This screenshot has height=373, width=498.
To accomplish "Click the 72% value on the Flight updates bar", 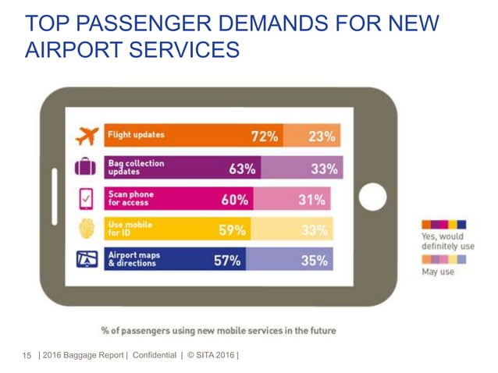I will click(264, 136).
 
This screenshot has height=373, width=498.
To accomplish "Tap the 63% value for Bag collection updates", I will click(242, 168).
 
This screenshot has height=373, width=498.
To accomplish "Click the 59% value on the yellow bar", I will click(232, 229).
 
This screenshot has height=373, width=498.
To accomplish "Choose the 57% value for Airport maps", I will click(227, 261).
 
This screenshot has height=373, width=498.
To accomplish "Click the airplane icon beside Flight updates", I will click(85, 137).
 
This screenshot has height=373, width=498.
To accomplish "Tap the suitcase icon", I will click(84, 168).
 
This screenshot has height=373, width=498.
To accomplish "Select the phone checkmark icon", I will click(84, 200).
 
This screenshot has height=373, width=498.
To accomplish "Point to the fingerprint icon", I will click(84, 229).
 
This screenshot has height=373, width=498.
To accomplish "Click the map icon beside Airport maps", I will click(84, 261).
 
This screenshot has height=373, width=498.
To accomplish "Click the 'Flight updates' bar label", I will click(136, 134).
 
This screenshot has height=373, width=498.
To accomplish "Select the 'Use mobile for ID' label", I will click(130, 229).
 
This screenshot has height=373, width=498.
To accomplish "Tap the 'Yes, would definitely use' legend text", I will click(447, 241).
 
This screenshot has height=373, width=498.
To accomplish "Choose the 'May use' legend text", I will click(437, 272).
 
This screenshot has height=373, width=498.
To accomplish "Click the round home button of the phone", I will click(372, 197).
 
